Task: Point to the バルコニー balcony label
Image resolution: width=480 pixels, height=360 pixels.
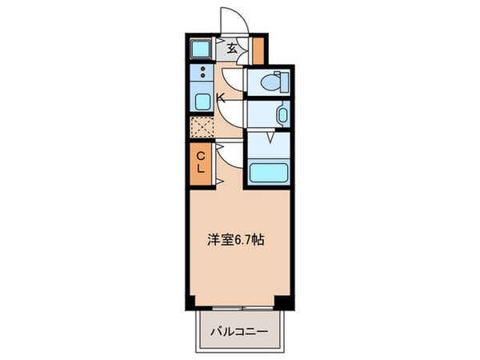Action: [239, 330]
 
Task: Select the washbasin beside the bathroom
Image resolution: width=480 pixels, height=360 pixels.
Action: [282, 114]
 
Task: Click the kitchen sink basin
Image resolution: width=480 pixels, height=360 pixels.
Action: [202, 102]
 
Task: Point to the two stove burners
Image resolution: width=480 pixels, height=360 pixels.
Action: [202, 74]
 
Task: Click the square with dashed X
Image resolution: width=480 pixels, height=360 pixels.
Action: [202, 127]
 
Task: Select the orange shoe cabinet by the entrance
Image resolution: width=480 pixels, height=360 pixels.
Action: [258, 50]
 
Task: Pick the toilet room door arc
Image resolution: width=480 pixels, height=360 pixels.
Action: [233, 80]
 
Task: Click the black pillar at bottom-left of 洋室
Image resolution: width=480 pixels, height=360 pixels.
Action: [191, 301]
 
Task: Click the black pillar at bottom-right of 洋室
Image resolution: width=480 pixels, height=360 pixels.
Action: [282, 301]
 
